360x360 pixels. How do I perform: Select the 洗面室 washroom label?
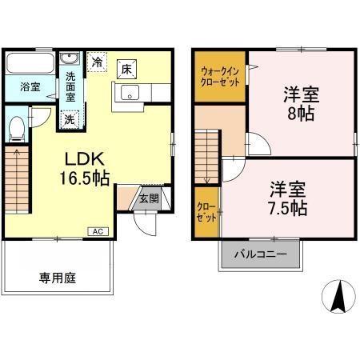(71, 82)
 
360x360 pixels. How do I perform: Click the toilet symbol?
(17, 126)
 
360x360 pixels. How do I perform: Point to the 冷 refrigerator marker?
(98, 61)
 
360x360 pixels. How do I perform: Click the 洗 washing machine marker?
(70, 119)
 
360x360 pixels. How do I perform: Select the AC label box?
(97, 231)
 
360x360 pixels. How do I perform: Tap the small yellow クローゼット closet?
(205, 212)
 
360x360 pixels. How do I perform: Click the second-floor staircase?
(205, 157)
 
